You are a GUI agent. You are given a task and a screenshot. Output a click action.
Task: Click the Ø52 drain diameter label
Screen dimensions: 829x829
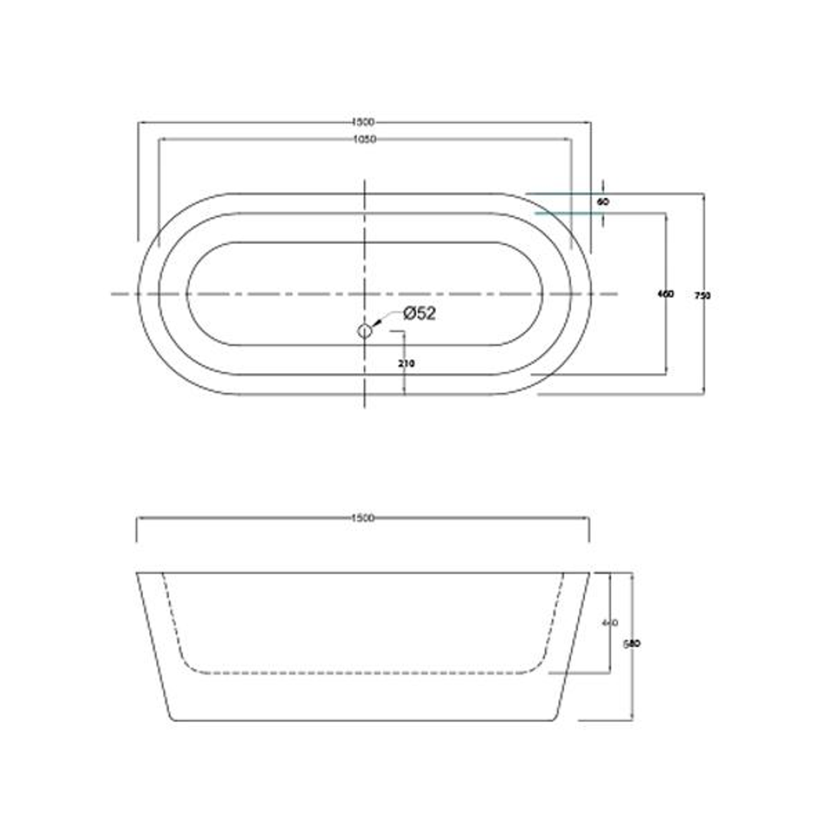click(x=419, y=313)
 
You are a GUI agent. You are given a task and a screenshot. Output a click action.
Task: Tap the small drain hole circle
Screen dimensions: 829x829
click(x=364, y=331)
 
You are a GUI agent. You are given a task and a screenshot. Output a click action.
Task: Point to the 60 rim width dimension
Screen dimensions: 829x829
click(x=603, y=202)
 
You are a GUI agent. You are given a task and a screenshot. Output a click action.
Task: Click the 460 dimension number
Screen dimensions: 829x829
click(x=666, y=294)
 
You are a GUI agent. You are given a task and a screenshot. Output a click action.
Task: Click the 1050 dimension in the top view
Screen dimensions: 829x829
click(x=363, y=139)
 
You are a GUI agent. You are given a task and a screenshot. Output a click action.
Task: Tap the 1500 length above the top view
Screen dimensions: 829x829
click(x=363, y=121)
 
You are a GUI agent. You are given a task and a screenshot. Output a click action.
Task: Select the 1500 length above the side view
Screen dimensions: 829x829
click(x=363, y=518)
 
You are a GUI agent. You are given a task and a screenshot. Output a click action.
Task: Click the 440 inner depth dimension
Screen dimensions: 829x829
click(x=609, y=623)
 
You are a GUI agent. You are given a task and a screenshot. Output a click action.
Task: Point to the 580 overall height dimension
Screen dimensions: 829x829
click(x=632, y=644)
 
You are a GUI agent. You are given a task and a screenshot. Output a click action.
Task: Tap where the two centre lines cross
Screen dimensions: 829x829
click(x=364, y=294)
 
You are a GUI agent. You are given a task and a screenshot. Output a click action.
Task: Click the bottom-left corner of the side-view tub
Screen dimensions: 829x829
click(x=170, y=720)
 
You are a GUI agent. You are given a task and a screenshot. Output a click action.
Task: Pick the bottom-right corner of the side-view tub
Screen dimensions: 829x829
click(x=556, y=720)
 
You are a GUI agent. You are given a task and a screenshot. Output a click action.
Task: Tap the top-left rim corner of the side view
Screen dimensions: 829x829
click(x=137, y=573)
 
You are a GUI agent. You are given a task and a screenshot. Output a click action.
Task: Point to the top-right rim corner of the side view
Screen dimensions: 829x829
click(x=589, y=573)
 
